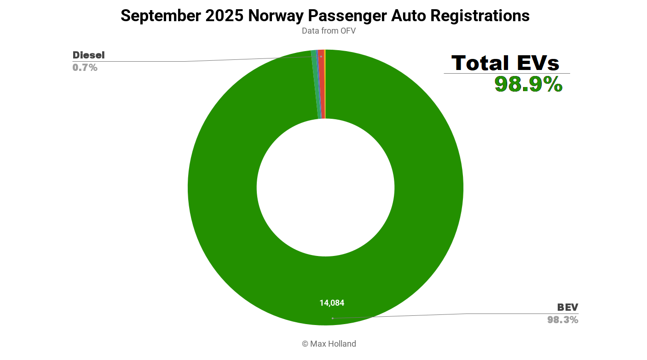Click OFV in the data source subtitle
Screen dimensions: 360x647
pos(347,31)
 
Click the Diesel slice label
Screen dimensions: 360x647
pos(89,55)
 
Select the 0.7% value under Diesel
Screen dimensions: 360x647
pos(85,68)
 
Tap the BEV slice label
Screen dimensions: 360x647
pos(567,308)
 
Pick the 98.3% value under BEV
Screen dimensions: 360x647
pos(563,320)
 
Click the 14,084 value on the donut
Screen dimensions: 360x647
pos(332,303)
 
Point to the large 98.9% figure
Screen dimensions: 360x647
pos(528,84)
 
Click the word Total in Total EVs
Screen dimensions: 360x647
pos(480,63)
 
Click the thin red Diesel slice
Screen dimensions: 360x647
pos(322,83)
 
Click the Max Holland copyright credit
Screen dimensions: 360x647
pos(329,344)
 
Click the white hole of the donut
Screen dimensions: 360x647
pos(325,187)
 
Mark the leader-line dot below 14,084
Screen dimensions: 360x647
pos(332,318)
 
